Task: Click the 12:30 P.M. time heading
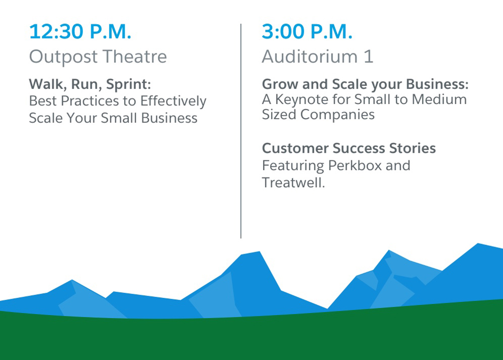click(80, 31)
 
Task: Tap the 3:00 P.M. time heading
click(307, 31)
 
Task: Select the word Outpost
click(63, 57)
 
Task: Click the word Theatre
click(135, 56)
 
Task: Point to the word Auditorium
click(309, 56)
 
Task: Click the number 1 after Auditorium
click(369, 56)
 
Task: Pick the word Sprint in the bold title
click(128, 84)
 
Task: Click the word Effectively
click(173, 101)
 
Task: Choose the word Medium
click(439, 100)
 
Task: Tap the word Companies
click(337, 115)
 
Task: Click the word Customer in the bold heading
click(295, 148)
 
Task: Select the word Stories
click(412, 148)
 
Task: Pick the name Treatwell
click(294, 183)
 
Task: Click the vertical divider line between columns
click(241, 131)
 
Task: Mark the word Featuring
click(293, 166)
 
